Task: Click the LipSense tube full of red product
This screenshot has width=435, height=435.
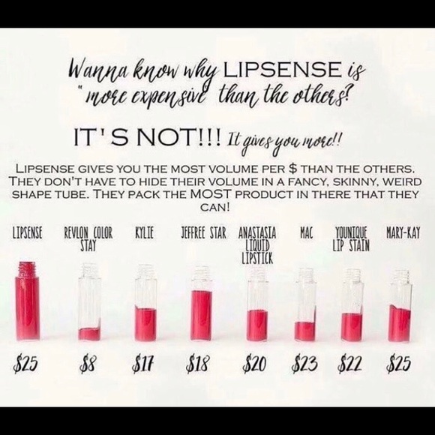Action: (27, 301)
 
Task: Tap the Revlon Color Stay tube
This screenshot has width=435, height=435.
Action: (89, 302)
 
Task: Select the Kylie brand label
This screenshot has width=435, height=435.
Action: (144, 233)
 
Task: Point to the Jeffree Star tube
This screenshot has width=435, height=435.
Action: (202, 303)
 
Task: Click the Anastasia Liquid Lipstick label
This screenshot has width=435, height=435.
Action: (257, 245)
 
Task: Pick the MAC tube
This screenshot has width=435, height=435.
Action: (305, 304)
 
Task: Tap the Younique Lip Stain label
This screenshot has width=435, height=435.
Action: (351, 239)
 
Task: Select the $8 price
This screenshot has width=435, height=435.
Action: (88, 364)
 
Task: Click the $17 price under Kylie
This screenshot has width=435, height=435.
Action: (142, 364)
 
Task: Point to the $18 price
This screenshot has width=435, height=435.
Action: (197, 364)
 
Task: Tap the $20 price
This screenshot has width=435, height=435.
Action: (254, 364)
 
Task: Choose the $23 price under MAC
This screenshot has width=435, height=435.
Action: (304, 364)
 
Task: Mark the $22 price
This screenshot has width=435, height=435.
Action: (349, 364)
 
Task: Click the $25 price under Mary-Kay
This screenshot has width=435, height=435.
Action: (398, 364)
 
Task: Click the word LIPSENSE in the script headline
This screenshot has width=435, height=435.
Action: (283, 70)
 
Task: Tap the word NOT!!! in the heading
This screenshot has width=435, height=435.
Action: (179, 138)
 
